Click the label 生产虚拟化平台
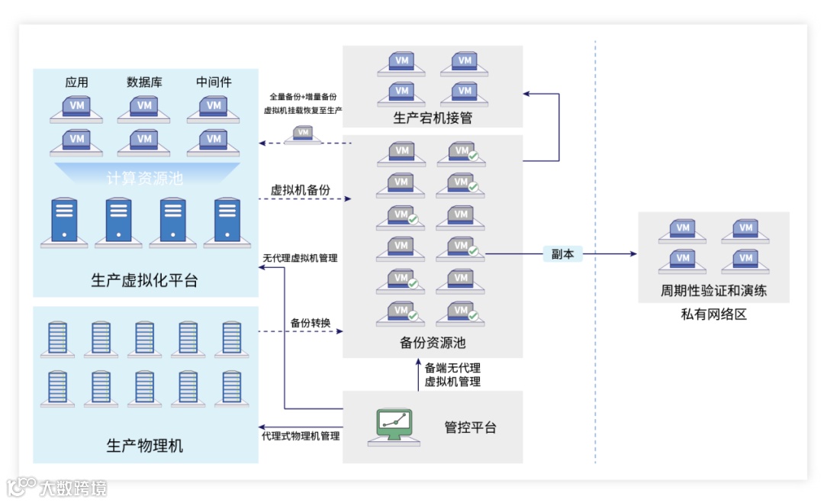[x=144, y=280]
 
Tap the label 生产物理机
[x=144, y=446]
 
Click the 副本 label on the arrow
[x=562, y=254]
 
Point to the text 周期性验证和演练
[x=713, y=291]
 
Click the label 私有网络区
[x=713, y=314]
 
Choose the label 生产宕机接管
[x=433, y=118]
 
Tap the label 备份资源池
[x=433, y=343]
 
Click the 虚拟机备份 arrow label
[x=301, y=190]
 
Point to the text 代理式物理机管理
[x=301, y=436]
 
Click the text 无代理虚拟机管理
[x=300, y=258]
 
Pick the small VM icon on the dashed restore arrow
[x=304, y=134]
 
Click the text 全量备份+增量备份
[x=303, y=98]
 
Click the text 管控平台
[x=470, y=427]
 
